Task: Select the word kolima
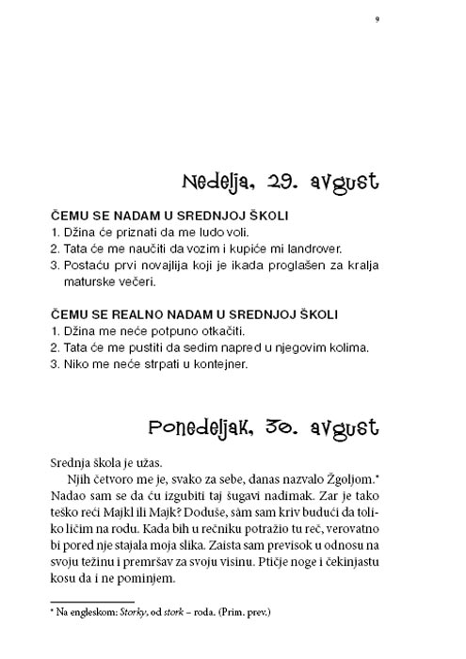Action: [345, 348]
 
